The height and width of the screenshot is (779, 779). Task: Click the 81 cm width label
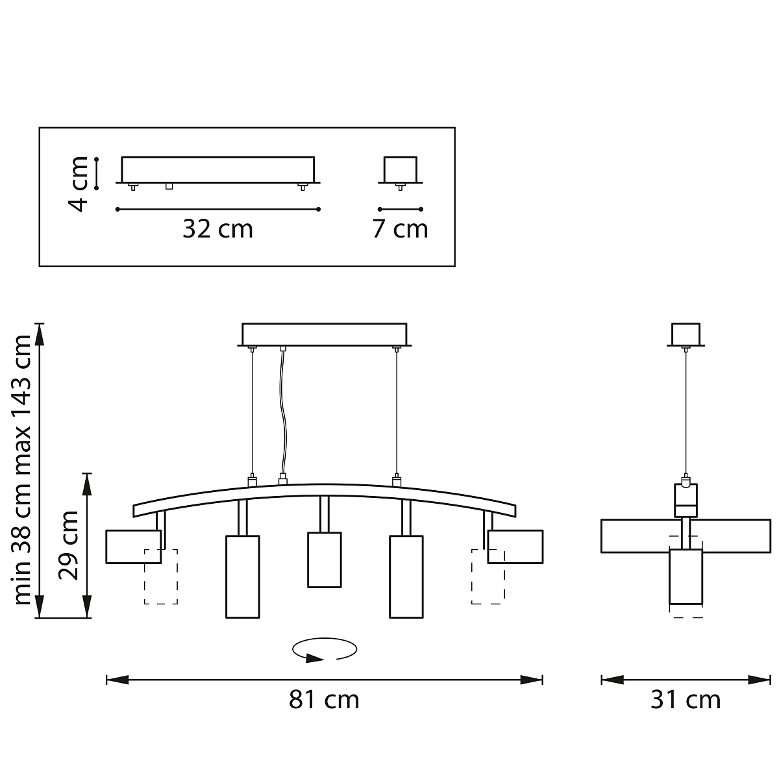(324, 700)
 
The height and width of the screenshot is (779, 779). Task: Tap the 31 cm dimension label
(686, 700)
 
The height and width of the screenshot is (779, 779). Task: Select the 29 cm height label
(68, 546)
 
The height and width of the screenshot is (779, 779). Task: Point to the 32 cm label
(218, 229)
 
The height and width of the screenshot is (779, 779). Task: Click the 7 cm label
(401, 229)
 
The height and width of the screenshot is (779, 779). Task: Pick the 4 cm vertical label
(78, 184)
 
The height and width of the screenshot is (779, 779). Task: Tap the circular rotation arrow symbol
(325, 650)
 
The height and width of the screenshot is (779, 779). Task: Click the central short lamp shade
(324, 560)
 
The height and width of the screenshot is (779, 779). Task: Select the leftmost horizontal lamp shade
(134, 547)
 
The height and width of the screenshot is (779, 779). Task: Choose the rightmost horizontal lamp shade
(515, 547)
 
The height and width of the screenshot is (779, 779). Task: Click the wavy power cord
(284, 412)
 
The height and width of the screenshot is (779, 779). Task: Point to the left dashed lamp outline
(161, 577)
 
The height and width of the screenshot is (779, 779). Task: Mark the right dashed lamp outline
(488, 577)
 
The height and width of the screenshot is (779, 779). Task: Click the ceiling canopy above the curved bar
(324, 335)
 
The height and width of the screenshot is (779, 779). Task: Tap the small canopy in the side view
(686, 335)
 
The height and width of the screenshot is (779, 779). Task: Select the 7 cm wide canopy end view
(401, 170)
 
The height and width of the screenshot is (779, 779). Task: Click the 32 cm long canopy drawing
(218, 170)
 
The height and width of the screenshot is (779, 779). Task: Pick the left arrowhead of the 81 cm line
(117, 680)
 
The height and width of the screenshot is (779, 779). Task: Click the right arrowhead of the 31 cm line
(759, 680)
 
